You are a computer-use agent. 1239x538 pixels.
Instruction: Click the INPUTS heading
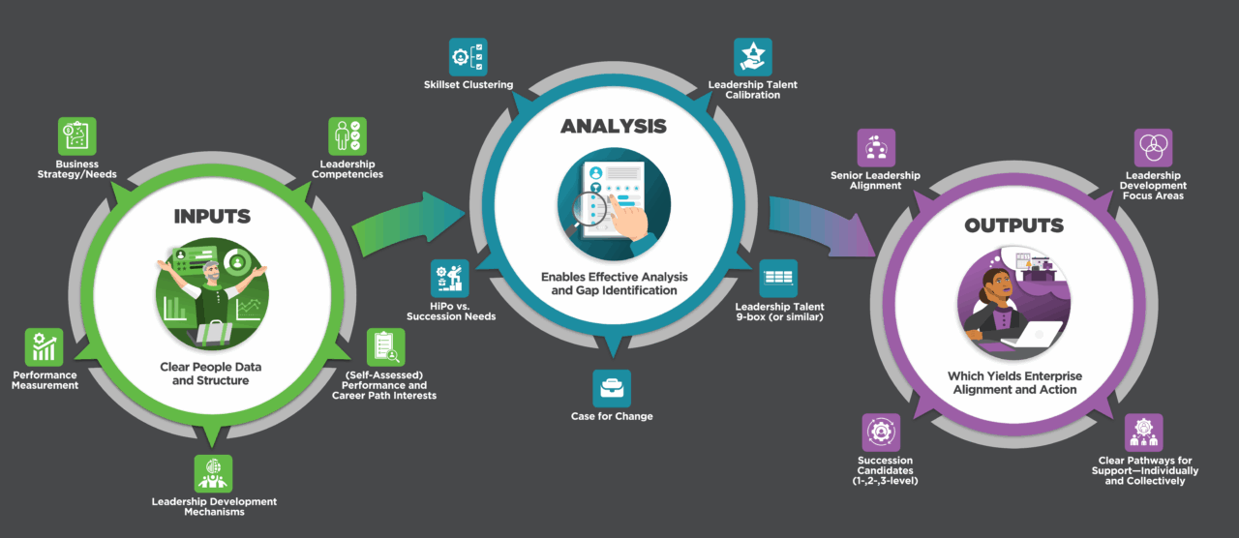click(x=211, y=215)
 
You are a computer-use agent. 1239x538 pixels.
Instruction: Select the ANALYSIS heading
click(x=614, y=127)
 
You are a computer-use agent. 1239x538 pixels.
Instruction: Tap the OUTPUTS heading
click(x=1013, y=225)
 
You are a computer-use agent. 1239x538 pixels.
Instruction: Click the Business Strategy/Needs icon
click(x=78, y=137)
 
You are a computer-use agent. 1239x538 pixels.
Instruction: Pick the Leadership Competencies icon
click(x=347, y=136)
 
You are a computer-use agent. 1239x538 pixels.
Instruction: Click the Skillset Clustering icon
click(x=468, y=57)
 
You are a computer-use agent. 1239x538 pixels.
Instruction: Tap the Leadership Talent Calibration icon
click(x=752, y=57)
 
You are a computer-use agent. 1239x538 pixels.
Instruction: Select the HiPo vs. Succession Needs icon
click(x=450, y=279)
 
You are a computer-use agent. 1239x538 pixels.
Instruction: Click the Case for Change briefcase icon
click(x=612, y=388)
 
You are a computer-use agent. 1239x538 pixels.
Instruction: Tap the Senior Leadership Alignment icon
click(x=876, y=148)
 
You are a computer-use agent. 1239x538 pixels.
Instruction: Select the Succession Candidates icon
click(x=881, y=432)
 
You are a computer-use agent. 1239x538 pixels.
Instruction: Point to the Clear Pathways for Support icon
click(x=1144, y=433)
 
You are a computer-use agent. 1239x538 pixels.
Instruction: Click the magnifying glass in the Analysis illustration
click(x=587, y=208)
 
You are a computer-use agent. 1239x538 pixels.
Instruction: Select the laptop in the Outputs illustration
click(x=1030, y=335)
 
